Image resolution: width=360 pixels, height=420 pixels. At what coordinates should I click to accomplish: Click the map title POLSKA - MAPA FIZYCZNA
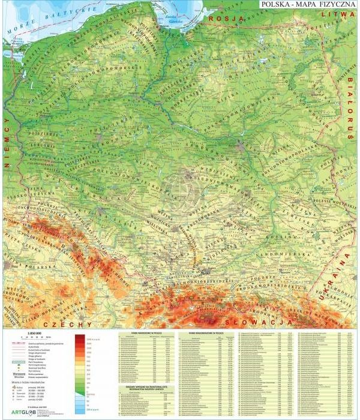308,5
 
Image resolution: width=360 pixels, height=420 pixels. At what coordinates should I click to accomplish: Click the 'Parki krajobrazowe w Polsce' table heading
206,332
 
